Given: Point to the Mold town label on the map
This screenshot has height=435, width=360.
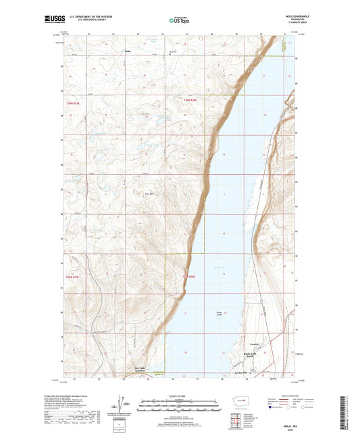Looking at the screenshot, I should (127, 51).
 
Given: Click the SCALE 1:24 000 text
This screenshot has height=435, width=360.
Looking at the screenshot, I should (179, 396).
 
